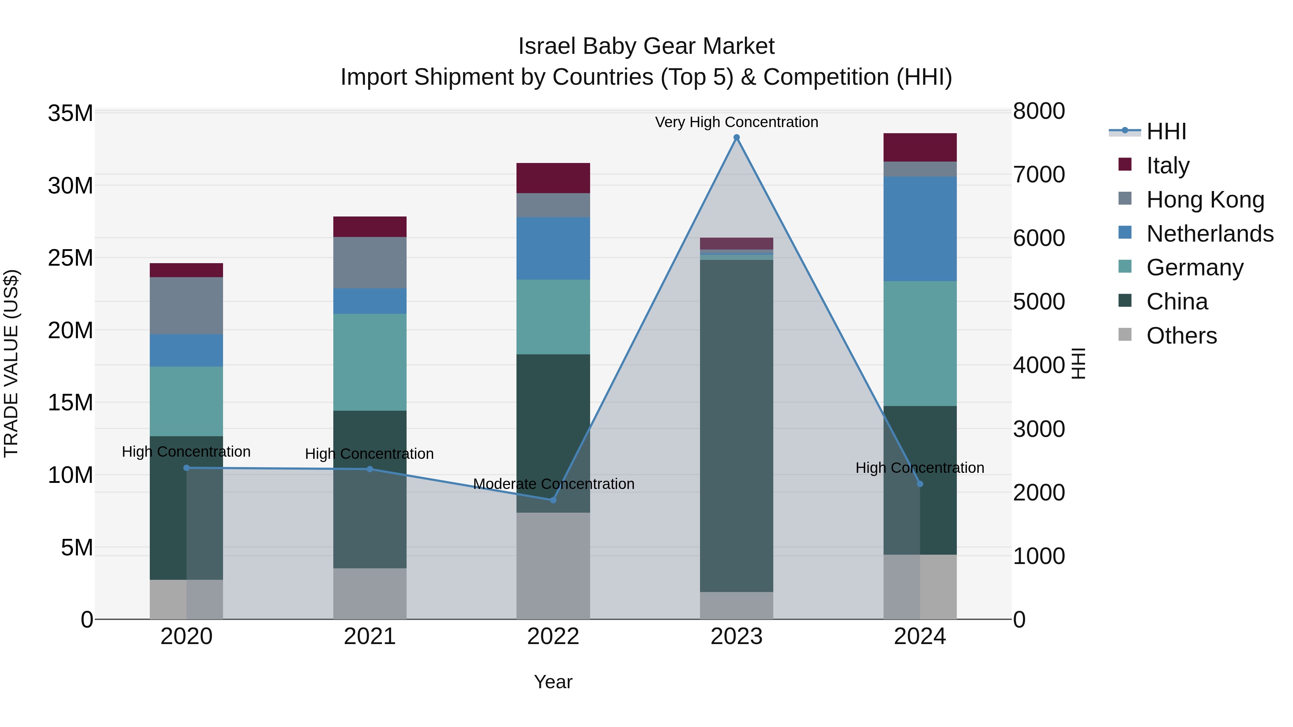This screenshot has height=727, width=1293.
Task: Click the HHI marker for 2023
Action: coord(736,138)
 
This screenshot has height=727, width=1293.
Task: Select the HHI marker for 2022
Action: coord(553,500)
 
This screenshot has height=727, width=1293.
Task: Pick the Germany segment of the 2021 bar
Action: coord(370,362)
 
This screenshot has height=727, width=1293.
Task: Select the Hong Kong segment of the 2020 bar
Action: coord(186,306)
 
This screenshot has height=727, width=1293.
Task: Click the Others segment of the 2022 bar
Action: coord(553,565)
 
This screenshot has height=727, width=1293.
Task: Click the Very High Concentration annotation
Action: coord(736,122)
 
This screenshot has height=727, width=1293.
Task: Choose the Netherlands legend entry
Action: coord(1210,233)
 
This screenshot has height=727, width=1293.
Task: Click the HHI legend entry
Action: coord(1166,131)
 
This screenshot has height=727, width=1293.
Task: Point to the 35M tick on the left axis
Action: coord(70,113)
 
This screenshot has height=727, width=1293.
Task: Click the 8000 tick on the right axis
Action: coord(1038,111)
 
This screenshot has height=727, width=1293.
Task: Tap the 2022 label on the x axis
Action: coord(553,636)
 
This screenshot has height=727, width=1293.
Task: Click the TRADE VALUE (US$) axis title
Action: coord(11,363)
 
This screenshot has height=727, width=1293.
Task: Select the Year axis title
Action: coord(553,681)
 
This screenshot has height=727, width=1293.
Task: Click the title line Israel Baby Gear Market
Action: coord(646,46)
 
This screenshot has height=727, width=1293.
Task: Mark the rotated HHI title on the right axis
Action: coord(1079,363)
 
